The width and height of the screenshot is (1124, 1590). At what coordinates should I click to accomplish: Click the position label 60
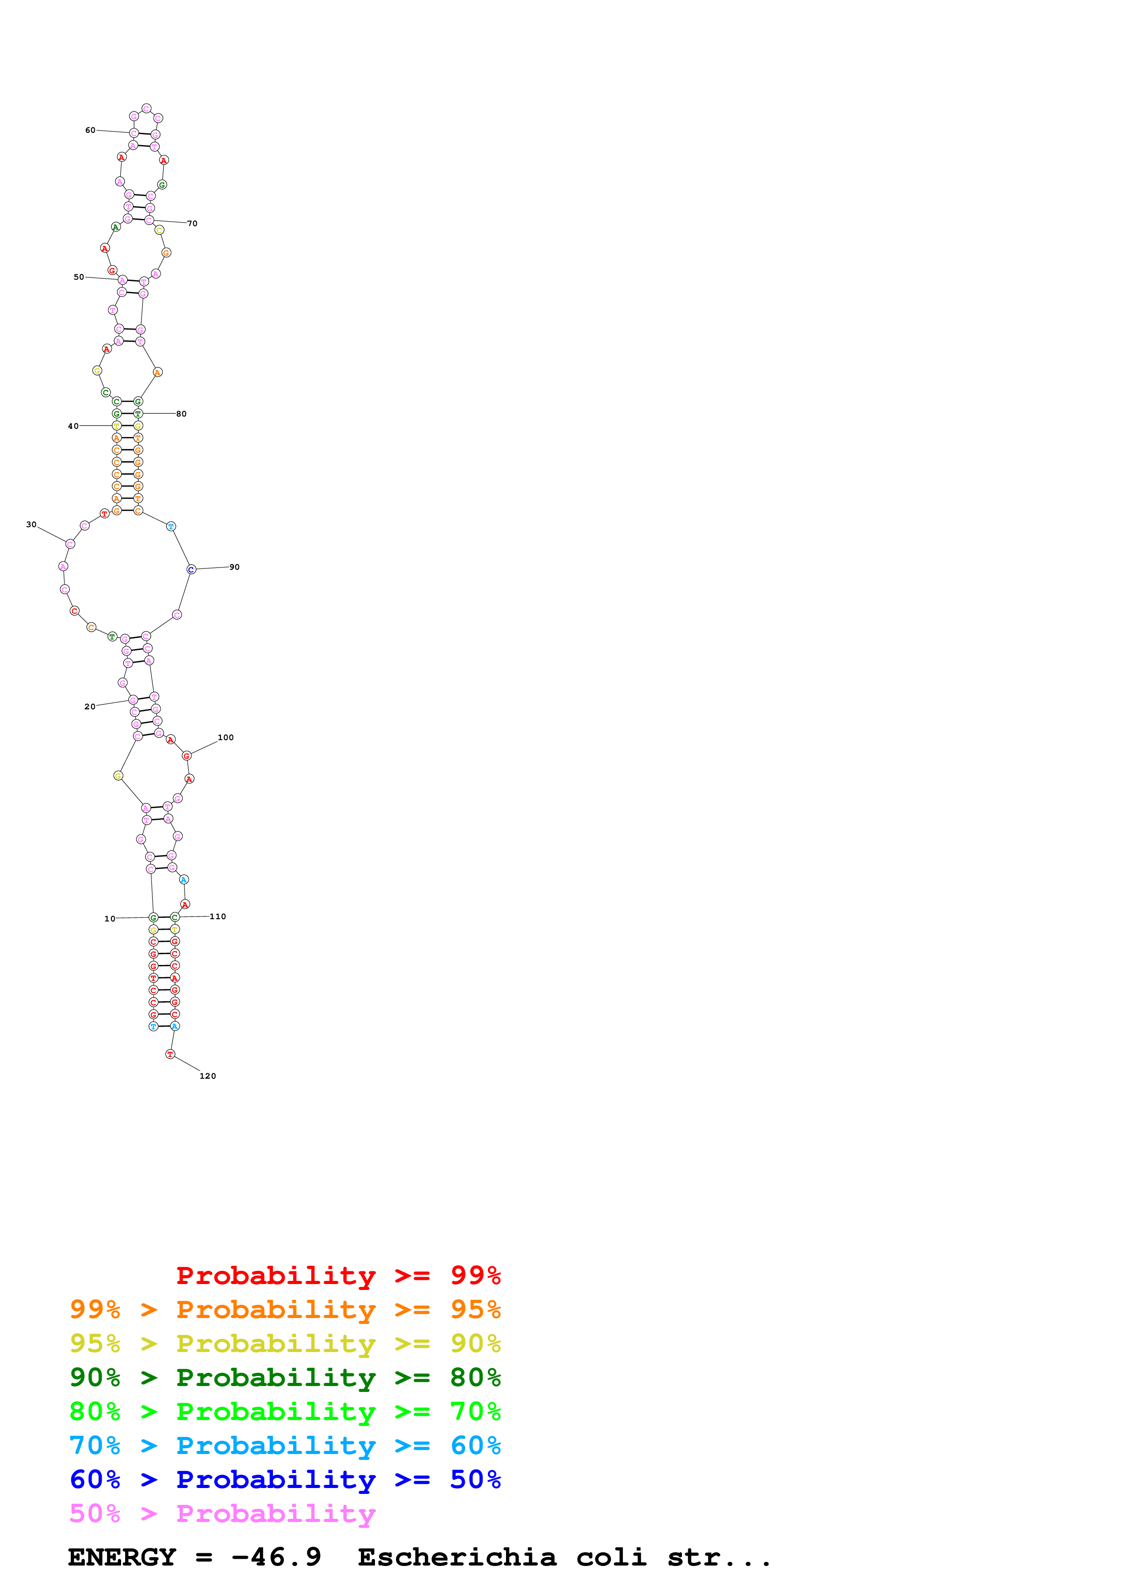(90, 130)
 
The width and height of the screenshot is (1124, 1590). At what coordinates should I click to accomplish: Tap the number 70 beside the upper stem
(193, 224)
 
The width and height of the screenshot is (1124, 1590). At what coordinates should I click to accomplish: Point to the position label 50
(79, 277)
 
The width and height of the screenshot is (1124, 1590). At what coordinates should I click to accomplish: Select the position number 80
(181, 414)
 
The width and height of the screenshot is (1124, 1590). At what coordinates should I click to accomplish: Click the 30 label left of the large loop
(31, 524)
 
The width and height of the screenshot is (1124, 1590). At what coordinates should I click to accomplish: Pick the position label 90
(235, 567)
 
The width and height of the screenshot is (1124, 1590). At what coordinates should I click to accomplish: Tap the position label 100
(226, 737)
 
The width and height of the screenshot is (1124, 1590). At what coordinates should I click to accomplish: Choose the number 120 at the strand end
(208, 1076)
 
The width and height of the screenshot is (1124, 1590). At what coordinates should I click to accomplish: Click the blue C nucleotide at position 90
(191, 569)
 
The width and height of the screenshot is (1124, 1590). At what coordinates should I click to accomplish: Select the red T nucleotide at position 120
(170, 1054)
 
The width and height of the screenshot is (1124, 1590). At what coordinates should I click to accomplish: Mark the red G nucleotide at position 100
(186, 756)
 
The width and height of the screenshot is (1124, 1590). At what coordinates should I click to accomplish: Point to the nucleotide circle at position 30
(70, 543)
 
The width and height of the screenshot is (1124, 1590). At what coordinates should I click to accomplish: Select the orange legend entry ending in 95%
(285, 1309)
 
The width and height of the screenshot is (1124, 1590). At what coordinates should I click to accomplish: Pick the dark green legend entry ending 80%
(285, 1377)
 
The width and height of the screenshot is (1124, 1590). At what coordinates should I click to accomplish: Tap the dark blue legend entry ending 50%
(285, 1479)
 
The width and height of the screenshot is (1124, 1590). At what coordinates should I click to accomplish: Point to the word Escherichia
(457, 1557)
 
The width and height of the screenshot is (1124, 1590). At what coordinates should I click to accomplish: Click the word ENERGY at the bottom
(122, 1557)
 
